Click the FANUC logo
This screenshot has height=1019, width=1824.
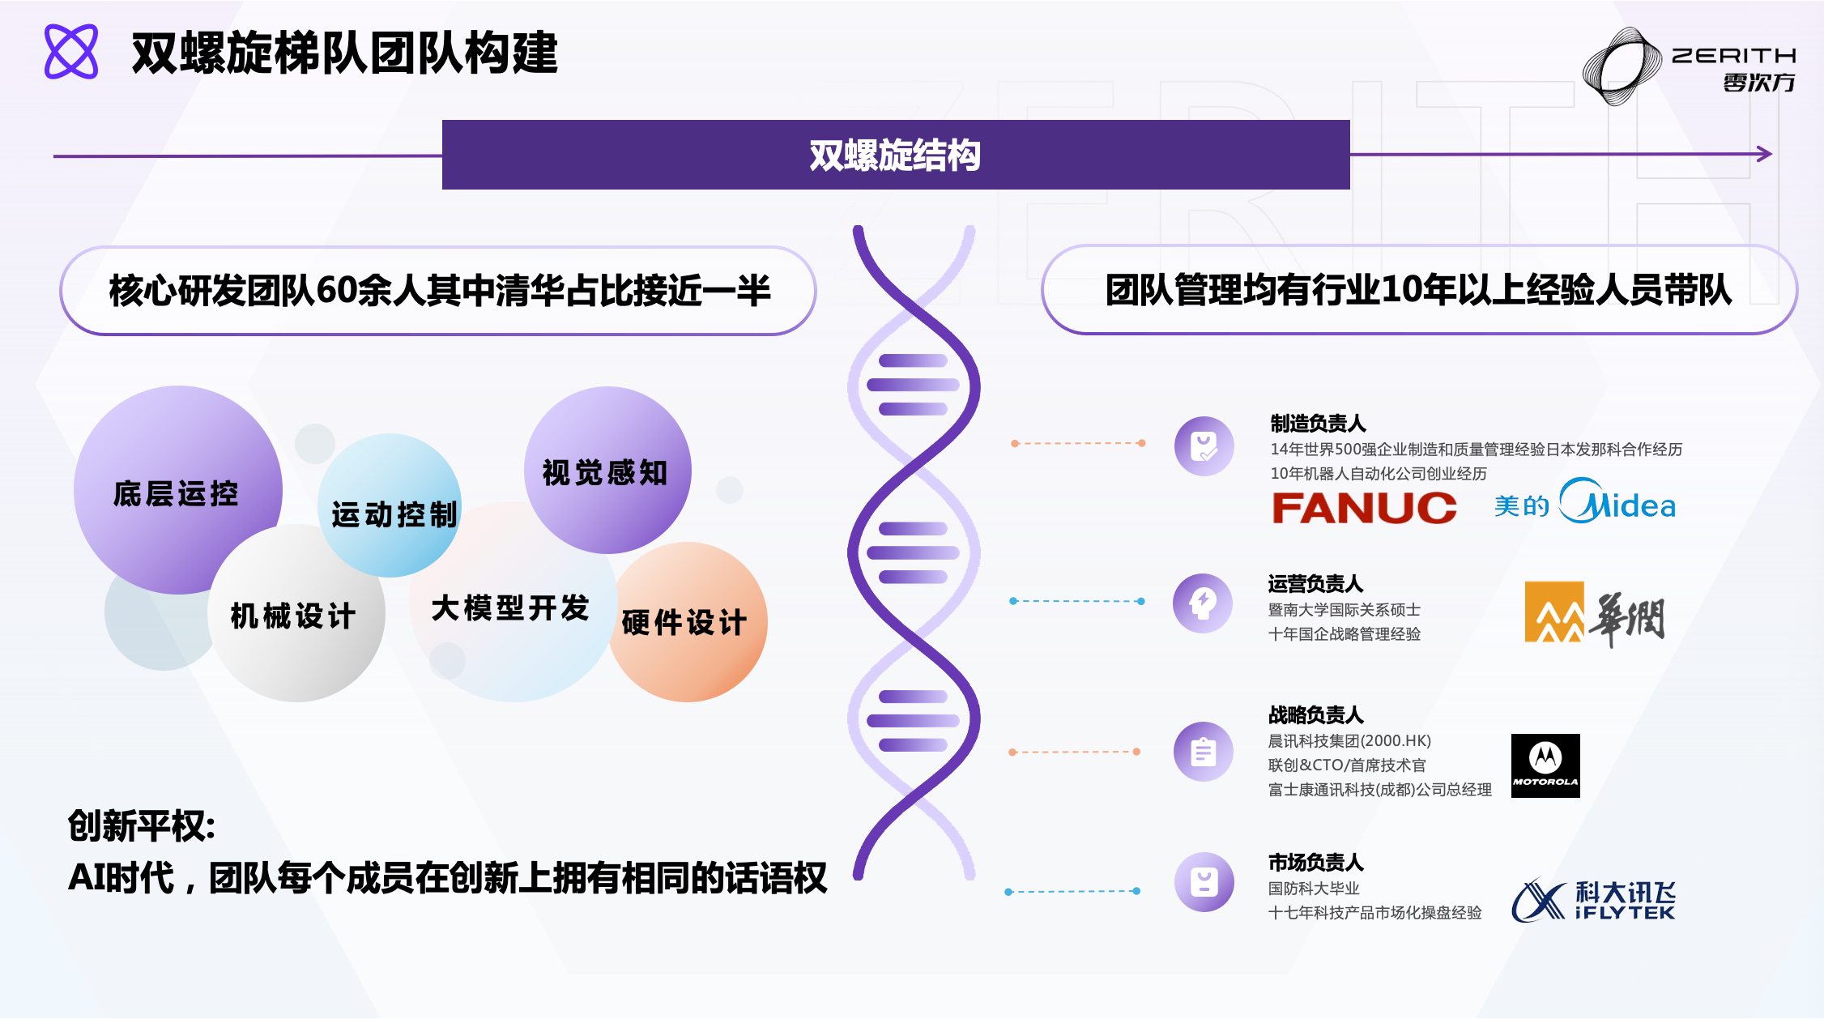coord(1364,508)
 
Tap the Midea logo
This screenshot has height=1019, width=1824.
coord(1585,504)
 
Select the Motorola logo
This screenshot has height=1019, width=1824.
coord(1545,765)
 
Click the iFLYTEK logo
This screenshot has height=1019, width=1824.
coord(1593,900)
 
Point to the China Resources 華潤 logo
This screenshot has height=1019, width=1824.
coord(1594,613)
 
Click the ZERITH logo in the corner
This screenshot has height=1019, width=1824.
coord(1689,66)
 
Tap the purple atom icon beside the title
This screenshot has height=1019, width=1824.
coord(71,52)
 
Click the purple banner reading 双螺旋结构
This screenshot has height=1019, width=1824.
coord(895,155)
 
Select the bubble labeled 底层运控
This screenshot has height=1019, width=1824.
coord(176,492)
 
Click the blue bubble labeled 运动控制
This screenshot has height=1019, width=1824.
coord(394,510)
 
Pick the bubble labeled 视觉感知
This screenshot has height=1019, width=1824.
coord(606,471)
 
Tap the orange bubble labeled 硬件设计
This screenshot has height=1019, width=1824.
coord(685,622)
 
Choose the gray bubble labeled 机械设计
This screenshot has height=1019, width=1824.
coord(294,616)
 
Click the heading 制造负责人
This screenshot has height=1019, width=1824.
coord(1318,423)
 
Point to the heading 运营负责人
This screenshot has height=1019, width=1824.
coord(1315,583)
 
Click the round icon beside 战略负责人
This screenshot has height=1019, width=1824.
coord(1204,752)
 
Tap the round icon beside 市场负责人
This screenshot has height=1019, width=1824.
coord(1204,882)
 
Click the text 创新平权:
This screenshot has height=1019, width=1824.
coord(142,825)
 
